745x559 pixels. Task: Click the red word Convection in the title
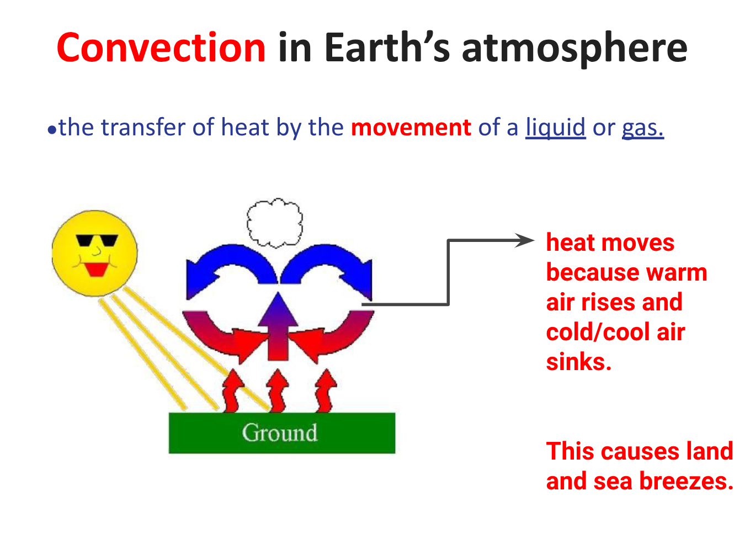tap(161, 48)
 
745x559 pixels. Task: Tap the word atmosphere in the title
tap(574, 50)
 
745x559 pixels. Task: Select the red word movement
tap(411, 128)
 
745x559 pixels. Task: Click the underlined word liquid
tap(555, 128)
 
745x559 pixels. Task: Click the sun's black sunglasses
tap(97, 240)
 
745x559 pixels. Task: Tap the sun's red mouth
tap(97, 270)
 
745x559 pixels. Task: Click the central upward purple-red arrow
tap(278, 326)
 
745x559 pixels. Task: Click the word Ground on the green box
tap(280, 433)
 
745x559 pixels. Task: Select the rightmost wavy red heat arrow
tap(326, 391)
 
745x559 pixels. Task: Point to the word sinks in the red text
tap(579, 362)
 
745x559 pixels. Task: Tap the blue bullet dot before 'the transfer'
tap(52, 130)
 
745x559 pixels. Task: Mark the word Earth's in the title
tap(387, 47)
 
